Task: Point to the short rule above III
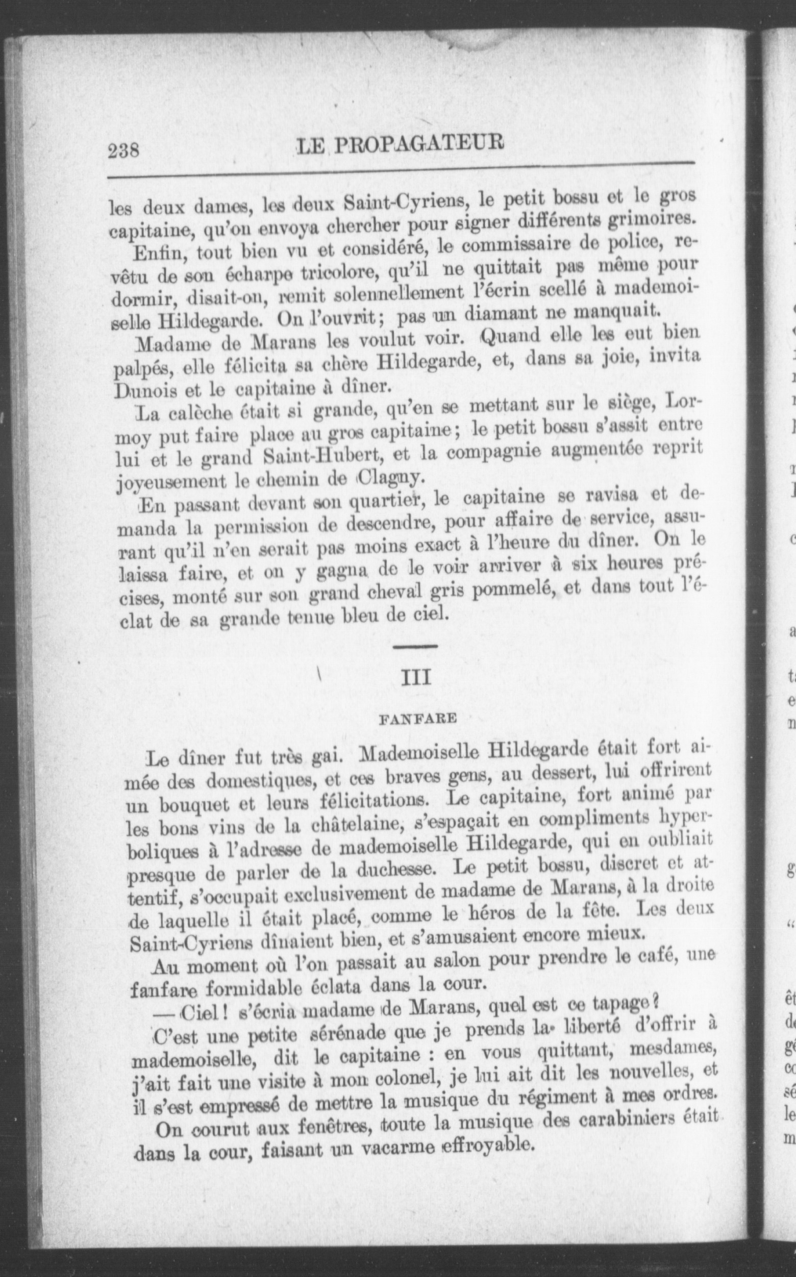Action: click(x=415, y=646)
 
